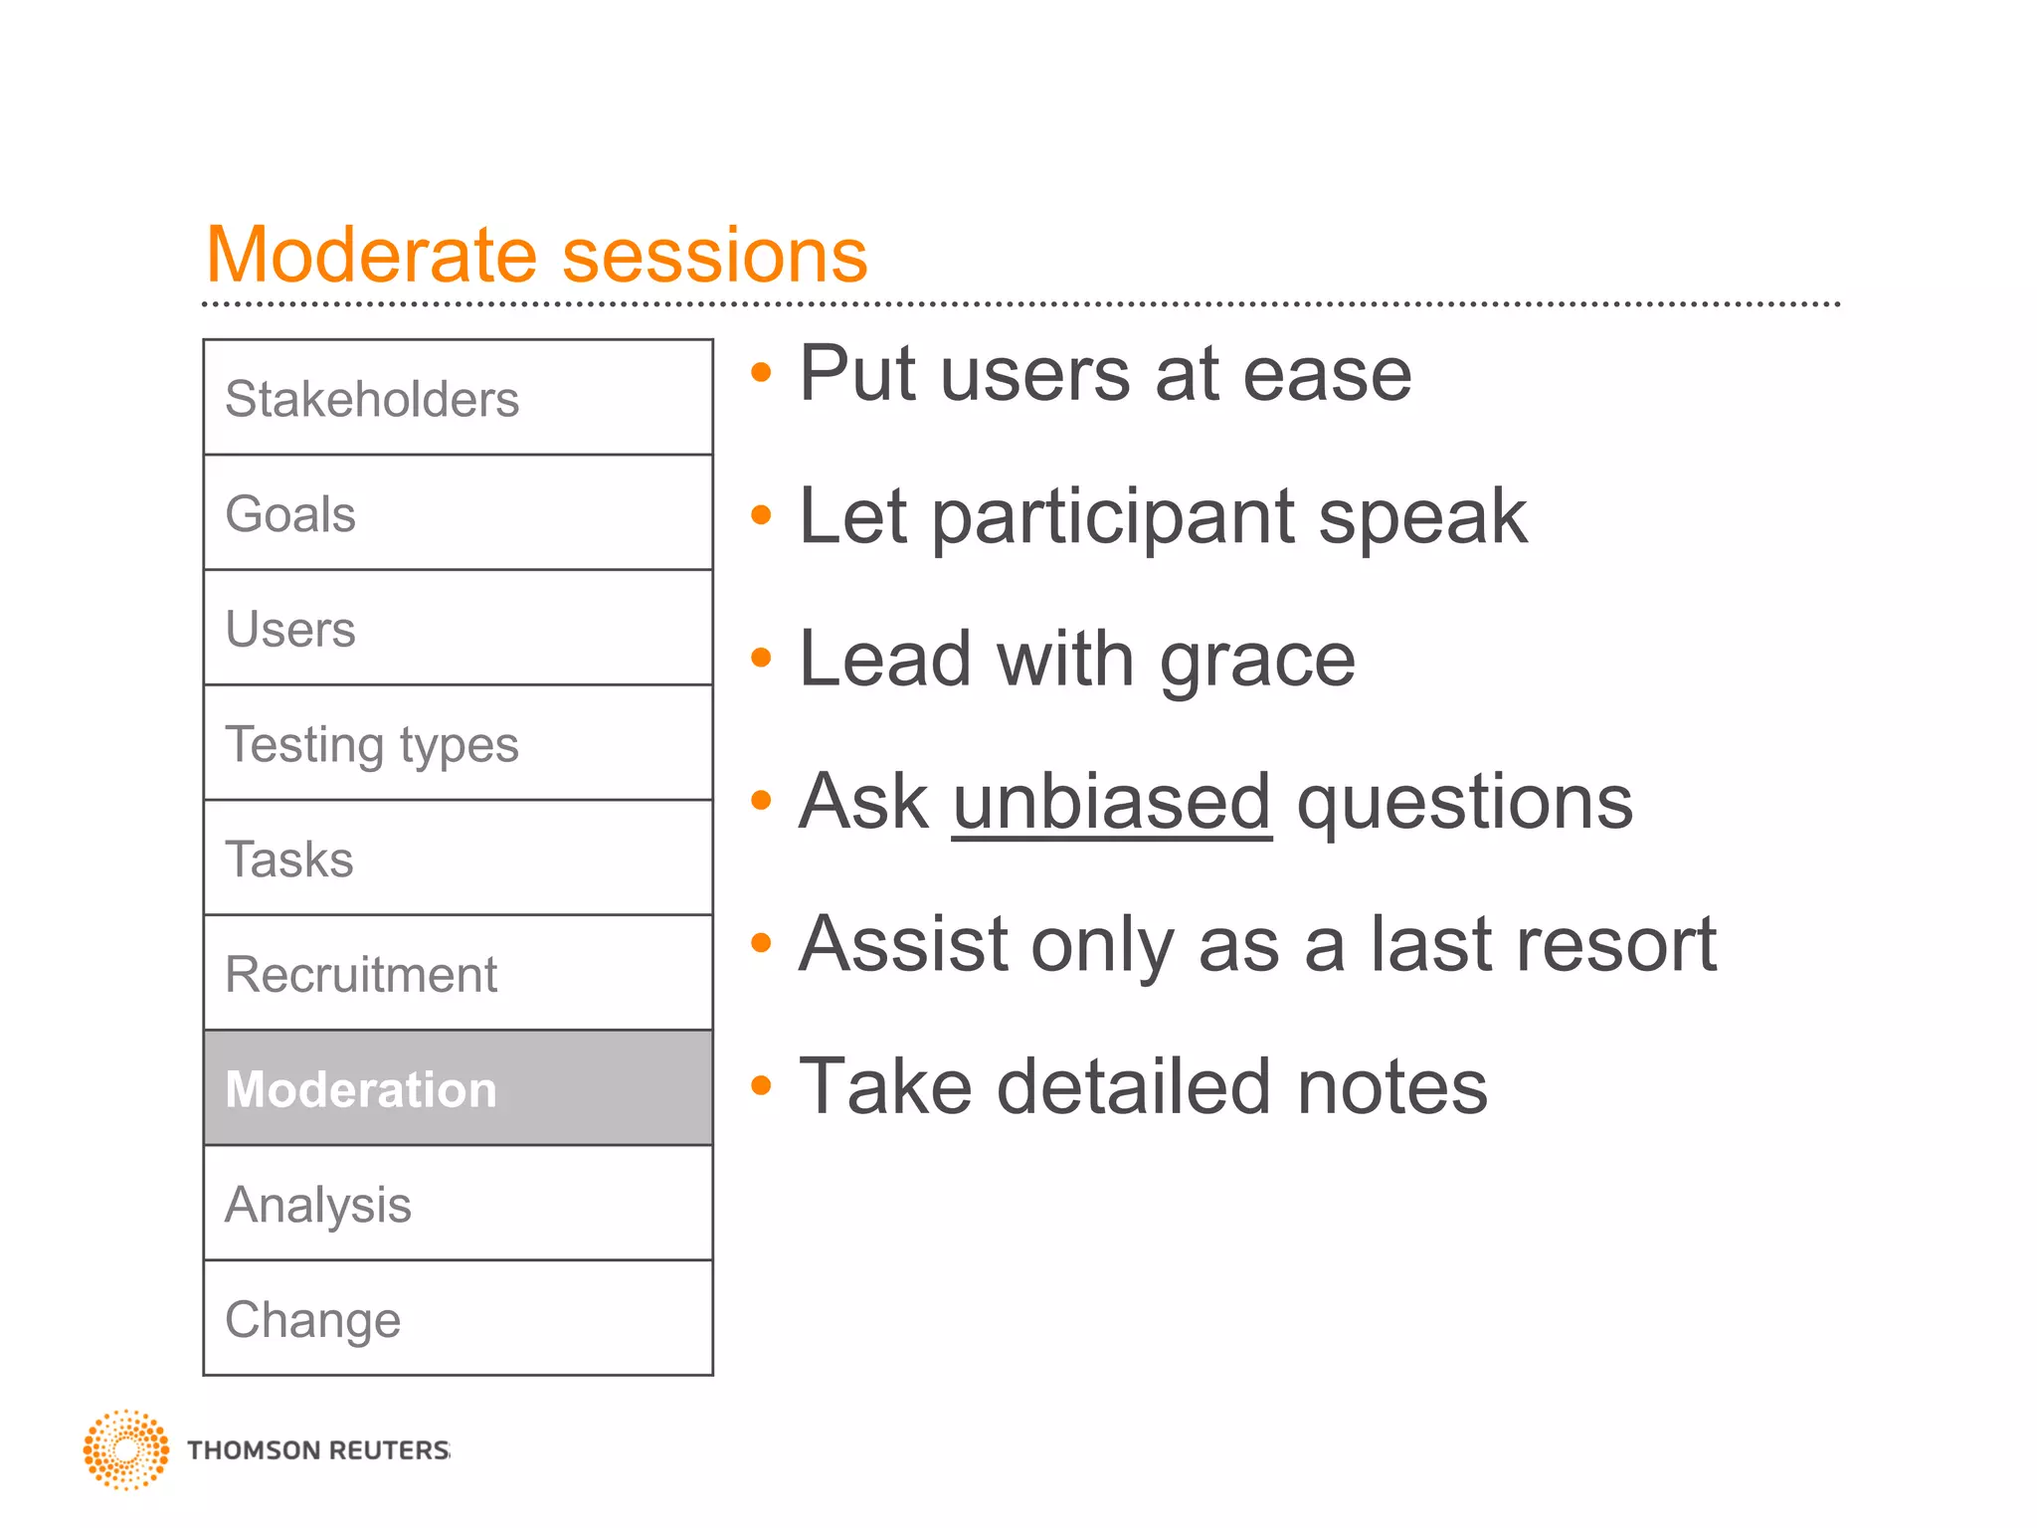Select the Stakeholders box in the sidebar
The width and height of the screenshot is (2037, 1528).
coord(458,398)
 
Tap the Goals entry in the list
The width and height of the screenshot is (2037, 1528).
coord(458,513)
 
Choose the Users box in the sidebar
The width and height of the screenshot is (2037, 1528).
coord(458,628)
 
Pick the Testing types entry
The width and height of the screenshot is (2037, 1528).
coord(458,743)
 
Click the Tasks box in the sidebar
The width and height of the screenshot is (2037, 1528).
coord(458,858)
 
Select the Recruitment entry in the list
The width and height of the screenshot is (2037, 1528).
coord(458,973)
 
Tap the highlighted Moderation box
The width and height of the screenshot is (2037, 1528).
coord(458,1088)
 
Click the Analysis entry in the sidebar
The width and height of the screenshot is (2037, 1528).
coord(458,1204)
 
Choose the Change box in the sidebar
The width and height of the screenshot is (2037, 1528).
coord(458,1318)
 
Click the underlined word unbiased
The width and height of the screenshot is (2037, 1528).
coord(1111,802)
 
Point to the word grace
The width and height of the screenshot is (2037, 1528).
coord(1257,661)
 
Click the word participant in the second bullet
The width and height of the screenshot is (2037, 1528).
coord(1113,518)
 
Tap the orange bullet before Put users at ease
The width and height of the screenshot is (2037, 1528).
coord(761,373)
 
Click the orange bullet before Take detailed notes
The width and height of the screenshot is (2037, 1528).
coord(761,1085)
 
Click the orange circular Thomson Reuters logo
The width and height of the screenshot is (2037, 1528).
coord(125,1449)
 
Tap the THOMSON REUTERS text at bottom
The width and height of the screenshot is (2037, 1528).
coord(318,1450)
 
